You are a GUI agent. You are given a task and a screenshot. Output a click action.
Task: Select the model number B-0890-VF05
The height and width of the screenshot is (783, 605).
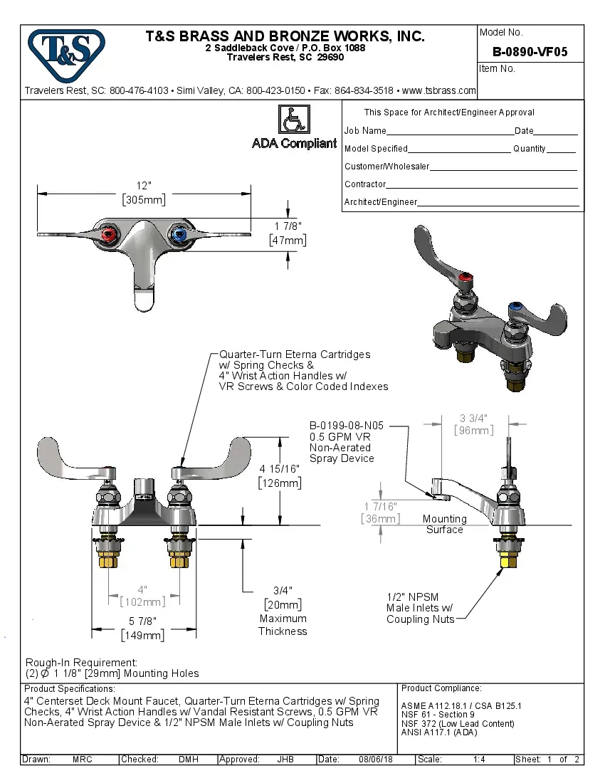[530, 52]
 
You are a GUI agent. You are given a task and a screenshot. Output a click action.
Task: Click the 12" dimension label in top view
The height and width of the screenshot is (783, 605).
[144, 186]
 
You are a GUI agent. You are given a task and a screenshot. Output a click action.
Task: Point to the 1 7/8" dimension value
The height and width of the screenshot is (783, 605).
[288, 226]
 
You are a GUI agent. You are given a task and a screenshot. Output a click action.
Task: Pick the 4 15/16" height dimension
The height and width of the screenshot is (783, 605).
[279, 469]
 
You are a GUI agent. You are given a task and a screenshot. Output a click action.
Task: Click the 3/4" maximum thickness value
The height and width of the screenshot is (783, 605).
[283, 590]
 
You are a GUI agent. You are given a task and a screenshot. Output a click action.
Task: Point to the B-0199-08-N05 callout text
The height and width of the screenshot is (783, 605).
[347, 426]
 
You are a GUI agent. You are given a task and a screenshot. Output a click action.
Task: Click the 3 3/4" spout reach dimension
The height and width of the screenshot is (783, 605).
[473, 418]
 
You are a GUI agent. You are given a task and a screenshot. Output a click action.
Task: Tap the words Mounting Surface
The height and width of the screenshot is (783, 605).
[444, 524]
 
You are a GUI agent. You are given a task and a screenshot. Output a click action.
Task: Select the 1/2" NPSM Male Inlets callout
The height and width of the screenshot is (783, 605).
[419, 608]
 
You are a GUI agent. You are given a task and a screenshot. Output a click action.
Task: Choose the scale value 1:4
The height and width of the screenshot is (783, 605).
[479, 760]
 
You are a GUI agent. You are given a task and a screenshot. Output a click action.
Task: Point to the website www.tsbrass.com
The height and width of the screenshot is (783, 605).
[438, 90]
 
